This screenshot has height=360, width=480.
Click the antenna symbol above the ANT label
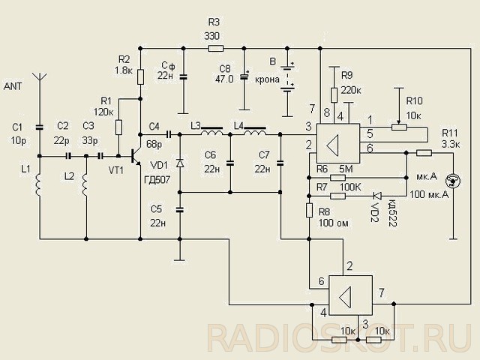pyautogui.click(x=40, y=76)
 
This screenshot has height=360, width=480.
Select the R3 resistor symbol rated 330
pyautogui.click(x=216, y=48)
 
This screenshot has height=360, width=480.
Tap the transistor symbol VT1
pyautogui.click(x=135, y=157)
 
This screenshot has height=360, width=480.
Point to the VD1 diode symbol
pyautogui.click(x=180, y=163)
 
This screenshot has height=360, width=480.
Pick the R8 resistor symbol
pyautogui.click(x=309, y=210)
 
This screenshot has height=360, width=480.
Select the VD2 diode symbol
pyautogui.click(x=377, y=195)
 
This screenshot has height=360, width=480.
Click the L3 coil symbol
pyautogui.click(x=211, y=132)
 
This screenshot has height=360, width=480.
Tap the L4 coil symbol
pyautogui.click(x=255, y=132)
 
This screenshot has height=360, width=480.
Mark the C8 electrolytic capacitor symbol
pyautogui.click(x=244, y=76)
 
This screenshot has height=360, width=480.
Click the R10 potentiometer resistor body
pyautogui.click(x=399, y=127)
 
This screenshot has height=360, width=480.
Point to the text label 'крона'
pyautogui.click(x=267, y=79)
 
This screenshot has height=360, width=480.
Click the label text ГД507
pyautogui.click(x=157, y=180)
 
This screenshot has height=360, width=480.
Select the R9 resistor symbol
pyautogui.click(x=334, y=95)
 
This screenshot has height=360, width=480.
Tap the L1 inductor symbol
pyautogui.click(x=39, y=184)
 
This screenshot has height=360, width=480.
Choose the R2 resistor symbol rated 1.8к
pyautogui.click(x=140, y=76)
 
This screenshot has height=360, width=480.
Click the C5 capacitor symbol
pyautogui.click(x=180, y=210)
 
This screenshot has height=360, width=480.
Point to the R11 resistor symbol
pyautogui.click(x=424, y=153)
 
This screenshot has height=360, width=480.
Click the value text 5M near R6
pyautogui.click(x=346, y=169)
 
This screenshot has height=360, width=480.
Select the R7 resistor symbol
pyautogui.click(x=338, y=196)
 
